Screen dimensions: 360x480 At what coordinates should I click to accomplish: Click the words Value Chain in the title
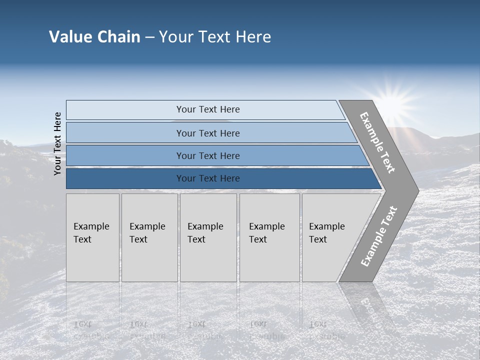pos(94,37)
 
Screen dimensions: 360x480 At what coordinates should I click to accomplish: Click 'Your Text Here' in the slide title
pos(215,37)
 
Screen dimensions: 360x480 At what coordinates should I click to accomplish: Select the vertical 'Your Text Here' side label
pos(57,143)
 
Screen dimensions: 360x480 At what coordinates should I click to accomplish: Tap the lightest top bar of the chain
pos(125,110)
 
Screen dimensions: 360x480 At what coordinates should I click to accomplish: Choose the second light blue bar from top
pos(125,133)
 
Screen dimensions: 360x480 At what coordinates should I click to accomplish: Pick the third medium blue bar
pos(125,155)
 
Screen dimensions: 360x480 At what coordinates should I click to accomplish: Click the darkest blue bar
pos(125,178)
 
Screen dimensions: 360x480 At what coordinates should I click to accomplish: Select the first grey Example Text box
pos(92,250)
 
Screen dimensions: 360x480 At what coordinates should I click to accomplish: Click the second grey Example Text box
pos(149,250)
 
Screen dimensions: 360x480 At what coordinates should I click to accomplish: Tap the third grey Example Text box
pos(208,250)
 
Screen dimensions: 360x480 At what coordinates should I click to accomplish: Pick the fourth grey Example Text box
pos(269,250)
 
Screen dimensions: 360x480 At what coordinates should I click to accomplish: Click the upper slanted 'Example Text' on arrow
pos(377,142)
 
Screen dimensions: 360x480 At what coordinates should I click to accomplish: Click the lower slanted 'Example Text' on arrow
pos(378,236)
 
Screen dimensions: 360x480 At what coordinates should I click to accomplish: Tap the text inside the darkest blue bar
pos(208,178)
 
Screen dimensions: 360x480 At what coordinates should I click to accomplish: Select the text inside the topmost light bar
pos(208,109)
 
